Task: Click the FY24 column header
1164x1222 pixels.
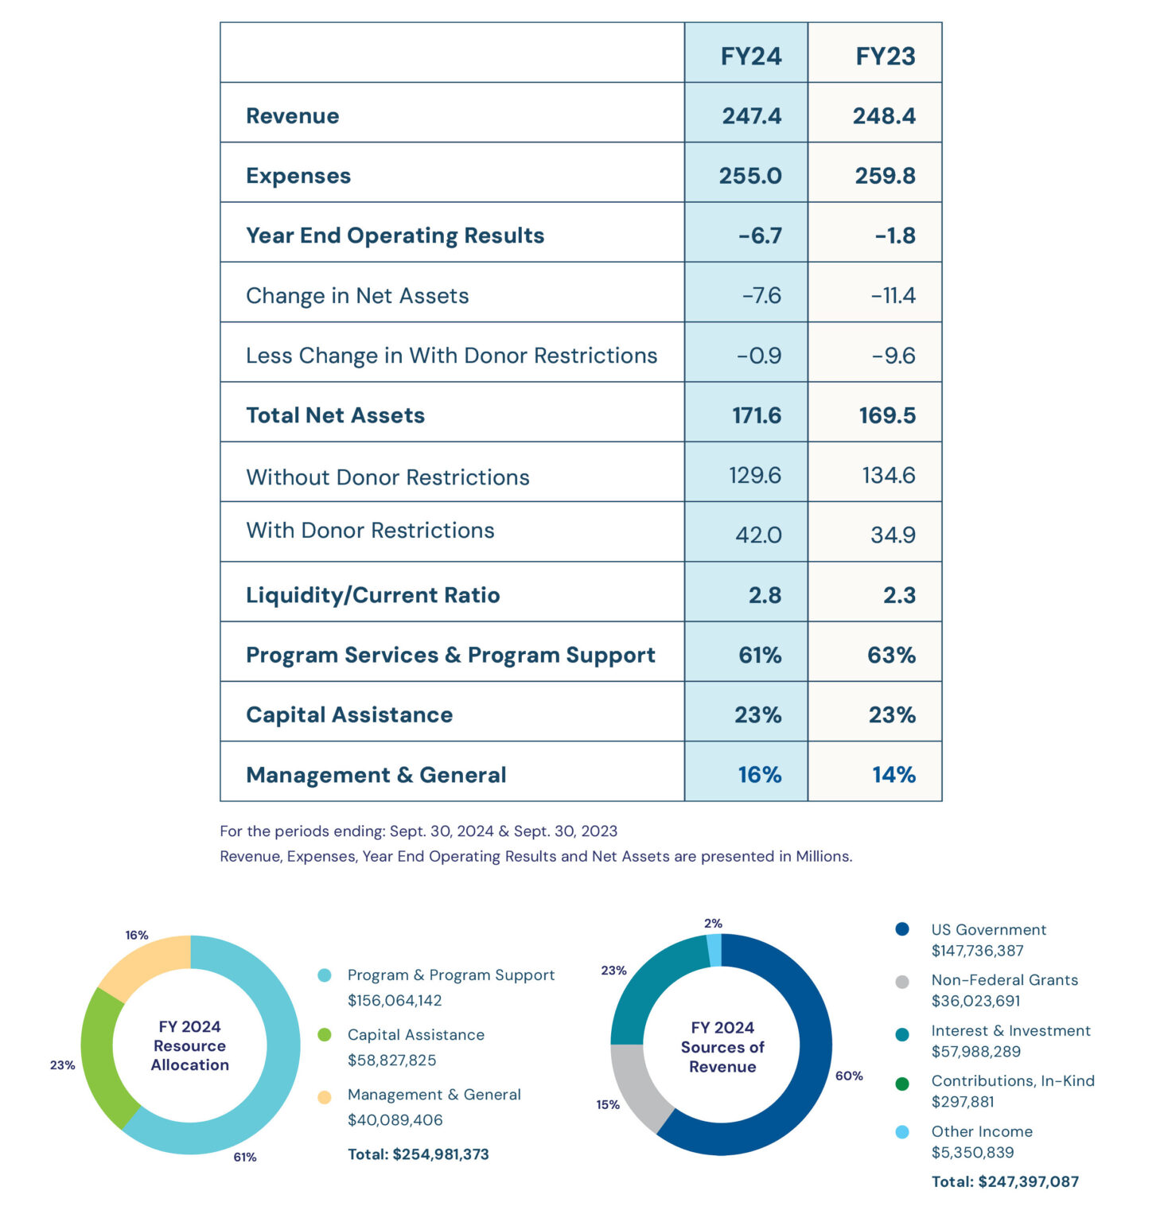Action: point(750,56)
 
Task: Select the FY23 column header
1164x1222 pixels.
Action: point(885,56)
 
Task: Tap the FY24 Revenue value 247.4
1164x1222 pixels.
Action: point(751,116)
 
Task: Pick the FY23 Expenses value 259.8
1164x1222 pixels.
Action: point(885,176)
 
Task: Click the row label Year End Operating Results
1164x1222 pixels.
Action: point(395,235)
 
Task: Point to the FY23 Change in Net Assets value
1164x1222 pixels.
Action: point(893,296)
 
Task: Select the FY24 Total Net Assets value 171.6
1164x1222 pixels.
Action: point(756,415)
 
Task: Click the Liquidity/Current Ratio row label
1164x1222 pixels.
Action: point(372,595)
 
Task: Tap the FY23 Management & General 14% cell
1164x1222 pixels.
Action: point(893,775)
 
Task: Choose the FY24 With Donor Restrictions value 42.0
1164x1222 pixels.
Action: point(757,535)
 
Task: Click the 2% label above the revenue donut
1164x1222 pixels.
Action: point(713,924)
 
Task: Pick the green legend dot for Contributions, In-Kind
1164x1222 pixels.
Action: point(901,1084)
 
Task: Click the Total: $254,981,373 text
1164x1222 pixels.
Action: point(418,1154)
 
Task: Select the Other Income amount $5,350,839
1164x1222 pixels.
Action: point(971,1153)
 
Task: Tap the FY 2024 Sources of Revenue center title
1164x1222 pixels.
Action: point(722,1047)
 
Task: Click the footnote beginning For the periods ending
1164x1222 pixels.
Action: point(418,831)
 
